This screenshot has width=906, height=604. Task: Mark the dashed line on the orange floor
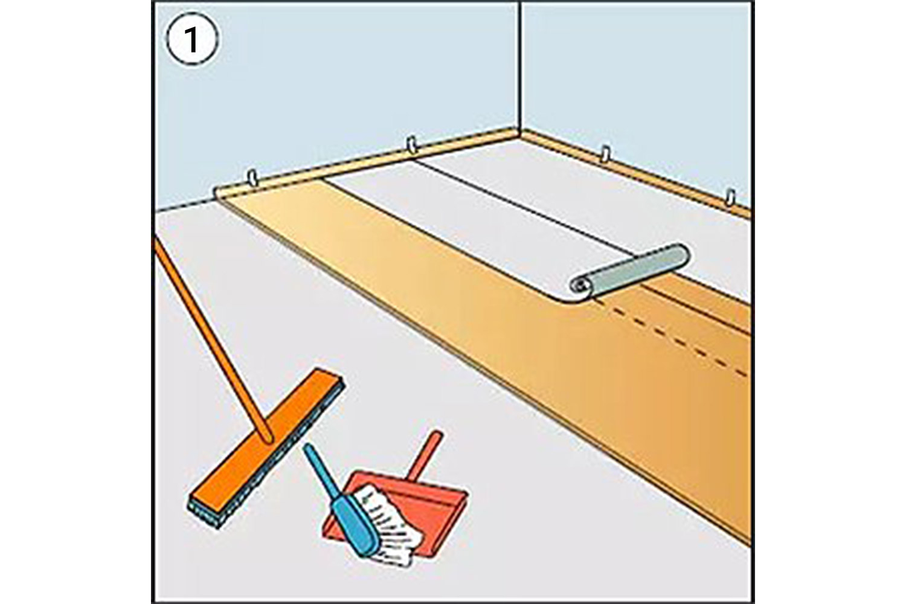[x=676, y=338]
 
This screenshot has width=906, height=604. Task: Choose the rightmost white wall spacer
[x=731, y=198]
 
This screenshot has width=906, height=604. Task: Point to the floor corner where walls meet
[x=521, y=134]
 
